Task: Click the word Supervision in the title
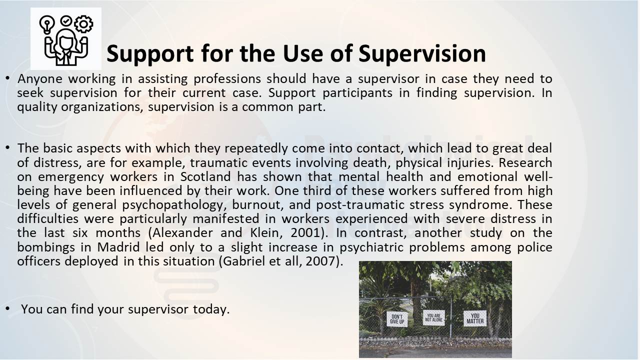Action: [x=422, y=53]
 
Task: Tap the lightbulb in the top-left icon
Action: [x=47, y=24]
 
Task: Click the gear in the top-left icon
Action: [x=83, y=24]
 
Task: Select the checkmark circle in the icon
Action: [x=66, y=21]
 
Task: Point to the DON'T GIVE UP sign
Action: [x=397, y=319]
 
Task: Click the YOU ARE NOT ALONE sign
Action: [x=433, y=317]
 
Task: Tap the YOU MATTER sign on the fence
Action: [x=475, y=318]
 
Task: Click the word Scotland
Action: [x=205, y=176]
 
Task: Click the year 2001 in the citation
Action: [x=305, y=233]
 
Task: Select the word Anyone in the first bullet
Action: [x=39, y=79]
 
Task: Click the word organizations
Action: [x=101, y=107]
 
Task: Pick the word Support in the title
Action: [x=150, y=54]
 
